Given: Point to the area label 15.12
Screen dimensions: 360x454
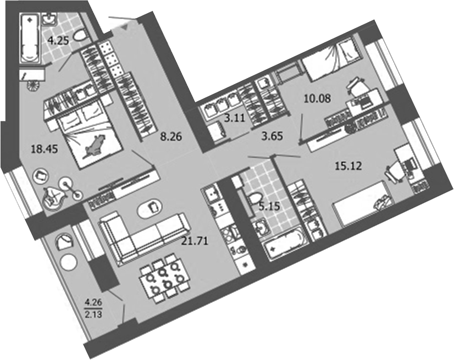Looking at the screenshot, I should [x=348, y=165].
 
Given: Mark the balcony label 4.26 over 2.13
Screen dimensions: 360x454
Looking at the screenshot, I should [x=93, y=304].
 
